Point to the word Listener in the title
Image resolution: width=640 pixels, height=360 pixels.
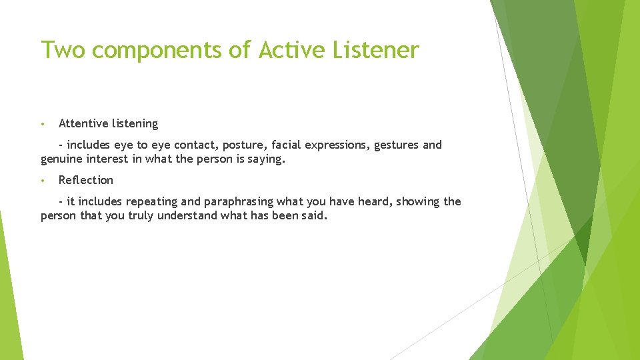(x=379, y=50)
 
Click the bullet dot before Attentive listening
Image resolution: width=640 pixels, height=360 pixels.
(x=42, y=124)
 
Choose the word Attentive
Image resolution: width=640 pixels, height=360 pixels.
(x=83, y=123)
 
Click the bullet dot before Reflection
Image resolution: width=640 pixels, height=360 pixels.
(x=42, y=181)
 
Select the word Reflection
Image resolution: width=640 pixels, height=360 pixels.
(x=86, y=180)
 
